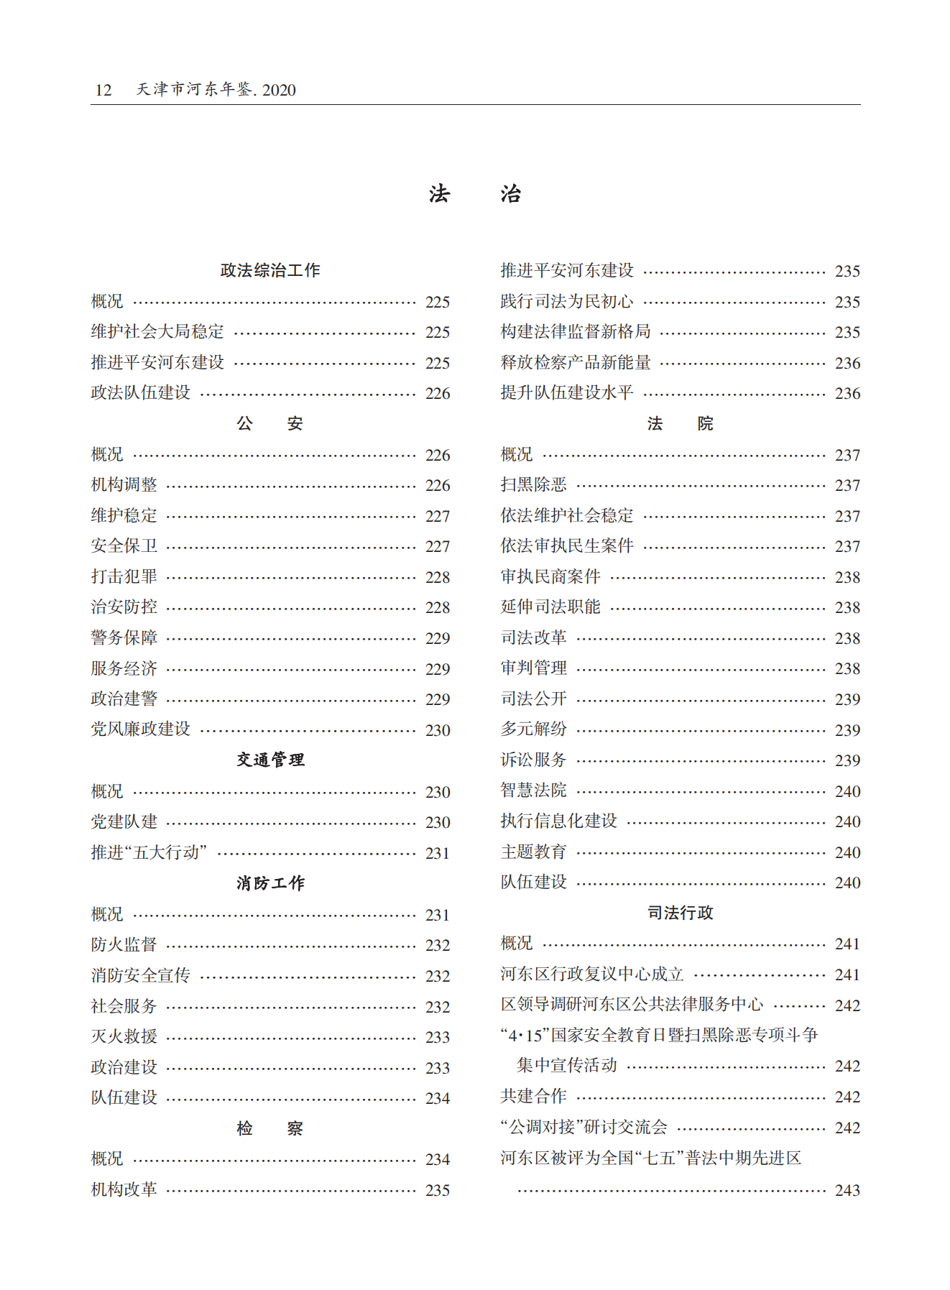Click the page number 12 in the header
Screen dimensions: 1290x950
point(103,90)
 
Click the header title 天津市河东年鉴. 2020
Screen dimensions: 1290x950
point(216,90)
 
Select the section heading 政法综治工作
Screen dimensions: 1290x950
point(270,270)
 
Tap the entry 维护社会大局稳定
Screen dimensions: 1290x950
point(157,332)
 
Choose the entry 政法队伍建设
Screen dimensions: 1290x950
point(141,393)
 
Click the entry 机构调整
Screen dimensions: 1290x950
point(124,485)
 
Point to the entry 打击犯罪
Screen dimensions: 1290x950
point(124,577)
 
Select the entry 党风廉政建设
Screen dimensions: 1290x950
point(141,729)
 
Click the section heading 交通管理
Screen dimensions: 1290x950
point(270,760)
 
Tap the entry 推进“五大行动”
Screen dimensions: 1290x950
point(149,853)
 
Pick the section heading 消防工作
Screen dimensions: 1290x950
point(270,883)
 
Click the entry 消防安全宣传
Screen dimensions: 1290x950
point(141,975)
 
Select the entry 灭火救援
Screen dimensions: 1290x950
point(124,1036)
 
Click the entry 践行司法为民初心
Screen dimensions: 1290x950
point(567,302)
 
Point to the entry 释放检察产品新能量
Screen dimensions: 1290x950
point(576,363)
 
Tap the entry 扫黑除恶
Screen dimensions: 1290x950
point(533,485)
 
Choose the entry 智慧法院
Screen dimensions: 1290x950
point(533,791)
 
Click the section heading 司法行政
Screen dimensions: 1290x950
point(680,913)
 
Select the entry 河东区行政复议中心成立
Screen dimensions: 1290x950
point(592,975)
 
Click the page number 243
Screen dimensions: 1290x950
point(847,1190)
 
